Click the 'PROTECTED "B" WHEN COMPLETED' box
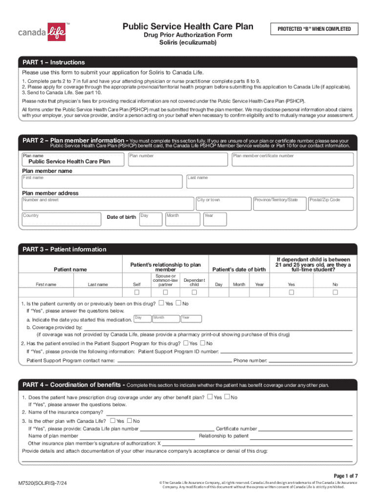click(314, 29)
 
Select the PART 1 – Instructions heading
click(54, 62)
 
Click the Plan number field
click(178, 159)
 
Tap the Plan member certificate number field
click(292, 159)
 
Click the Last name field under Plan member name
click(270, 182)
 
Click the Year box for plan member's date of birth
click(214, 219)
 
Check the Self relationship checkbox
click(137, 292)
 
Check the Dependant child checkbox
click(194, 292)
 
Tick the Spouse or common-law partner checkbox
click(165, 292)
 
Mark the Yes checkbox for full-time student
click(291, 292)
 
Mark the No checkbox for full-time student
click(335, 292)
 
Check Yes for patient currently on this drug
click(162, 303)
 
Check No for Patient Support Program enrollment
click(203, 343)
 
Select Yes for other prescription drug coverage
click(210, 397)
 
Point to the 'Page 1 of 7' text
click(346, 476)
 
